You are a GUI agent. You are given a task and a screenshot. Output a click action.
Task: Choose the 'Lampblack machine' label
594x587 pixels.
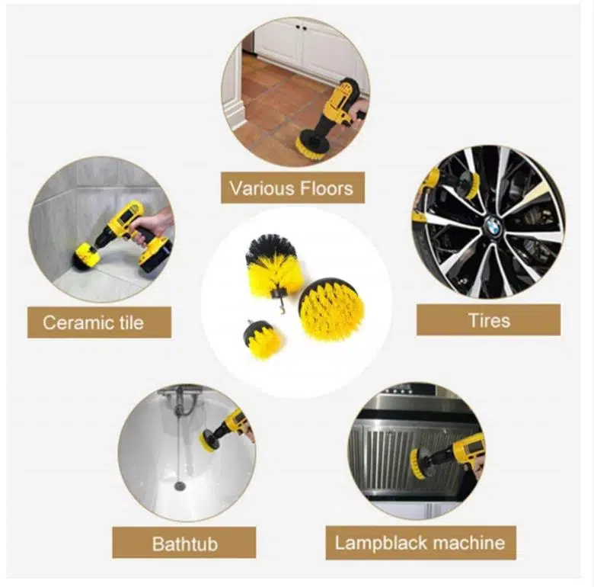click(x=420, y=543)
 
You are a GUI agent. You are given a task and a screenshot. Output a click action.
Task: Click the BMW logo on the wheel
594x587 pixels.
click(x=493, y=228)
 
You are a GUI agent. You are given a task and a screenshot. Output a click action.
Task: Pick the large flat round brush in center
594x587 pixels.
click(x=332, y=306)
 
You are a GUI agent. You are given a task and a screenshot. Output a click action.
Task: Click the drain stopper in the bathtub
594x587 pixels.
click(x=179, y=486)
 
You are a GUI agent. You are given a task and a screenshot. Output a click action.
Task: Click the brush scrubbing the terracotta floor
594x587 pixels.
click(x=314, y=143)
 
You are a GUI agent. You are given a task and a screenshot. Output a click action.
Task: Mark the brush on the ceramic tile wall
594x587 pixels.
click(x=86, y=257)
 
